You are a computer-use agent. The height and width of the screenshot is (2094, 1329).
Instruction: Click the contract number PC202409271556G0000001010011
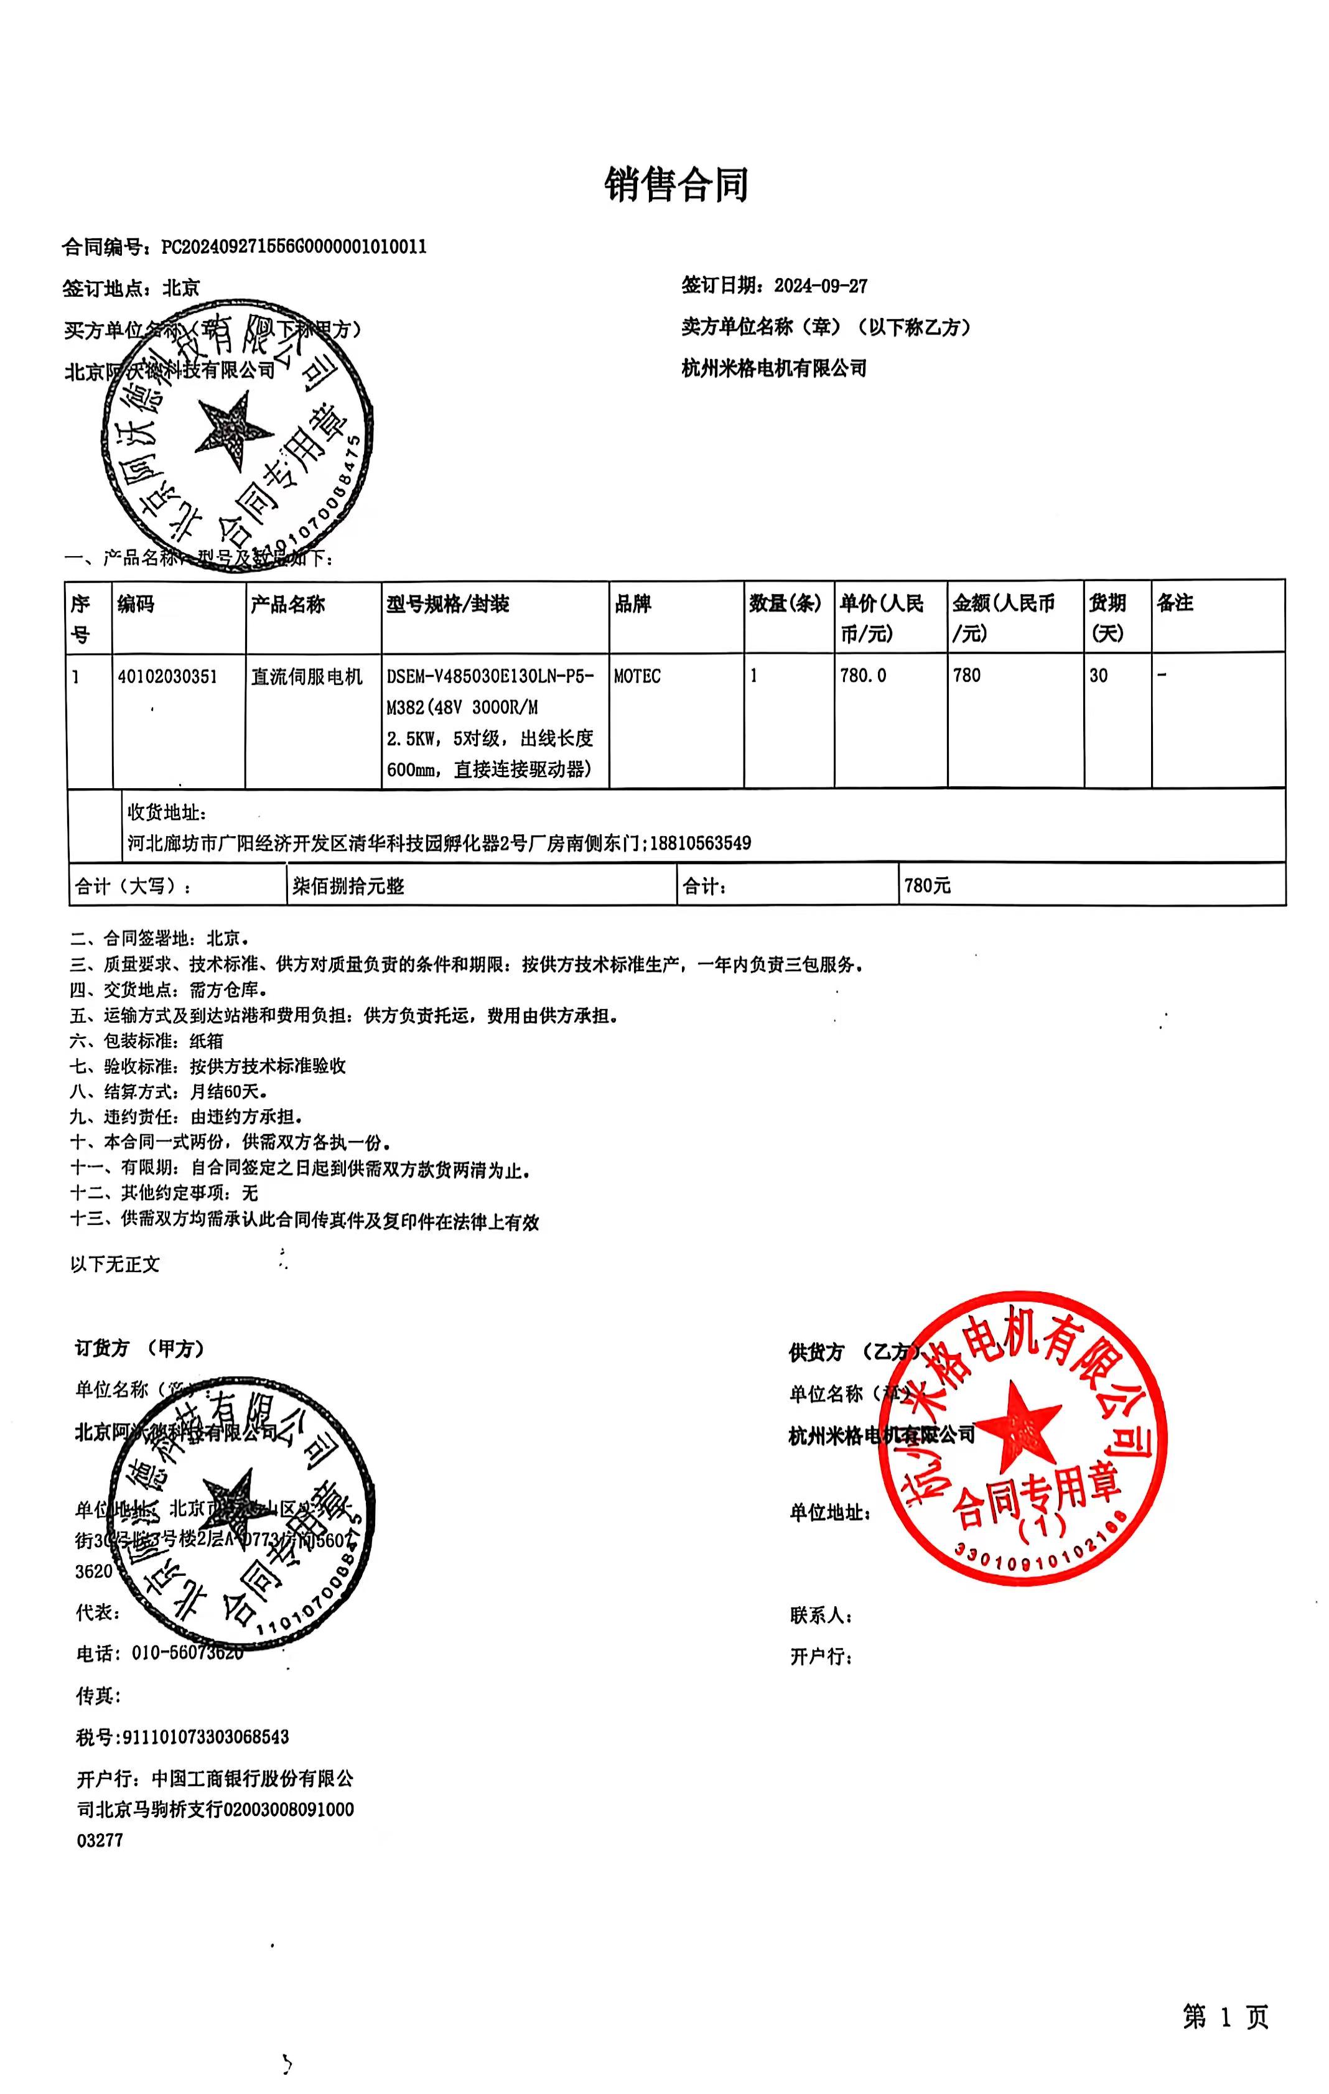click(294, 247)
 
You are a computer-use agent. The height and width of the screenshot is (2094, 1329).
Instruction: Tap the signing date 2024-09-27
click(820, 286)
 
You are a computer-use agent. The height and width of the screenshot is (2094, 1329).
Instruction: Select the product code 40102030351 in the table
click(167, 677)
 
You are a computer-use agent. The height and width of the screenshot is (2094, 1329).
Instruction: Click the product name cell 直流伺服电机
click(306, 677)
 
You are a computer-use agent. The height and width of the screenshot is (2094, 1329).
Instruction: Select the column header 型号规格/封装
click(447, 604)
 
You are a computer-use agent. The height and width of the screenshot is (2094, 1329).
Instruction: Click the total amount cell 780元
click(927, 886)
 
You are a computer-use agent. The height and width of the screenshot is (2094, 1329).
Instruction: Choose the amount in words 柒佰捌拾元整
click(348, 886)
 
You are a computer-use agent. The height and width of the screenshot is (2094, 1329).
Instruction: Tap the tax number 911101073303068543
click(205, 1736)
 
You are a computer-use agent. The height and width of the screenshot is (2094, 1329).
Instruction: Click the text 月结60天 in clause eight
click(228, 1091)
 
